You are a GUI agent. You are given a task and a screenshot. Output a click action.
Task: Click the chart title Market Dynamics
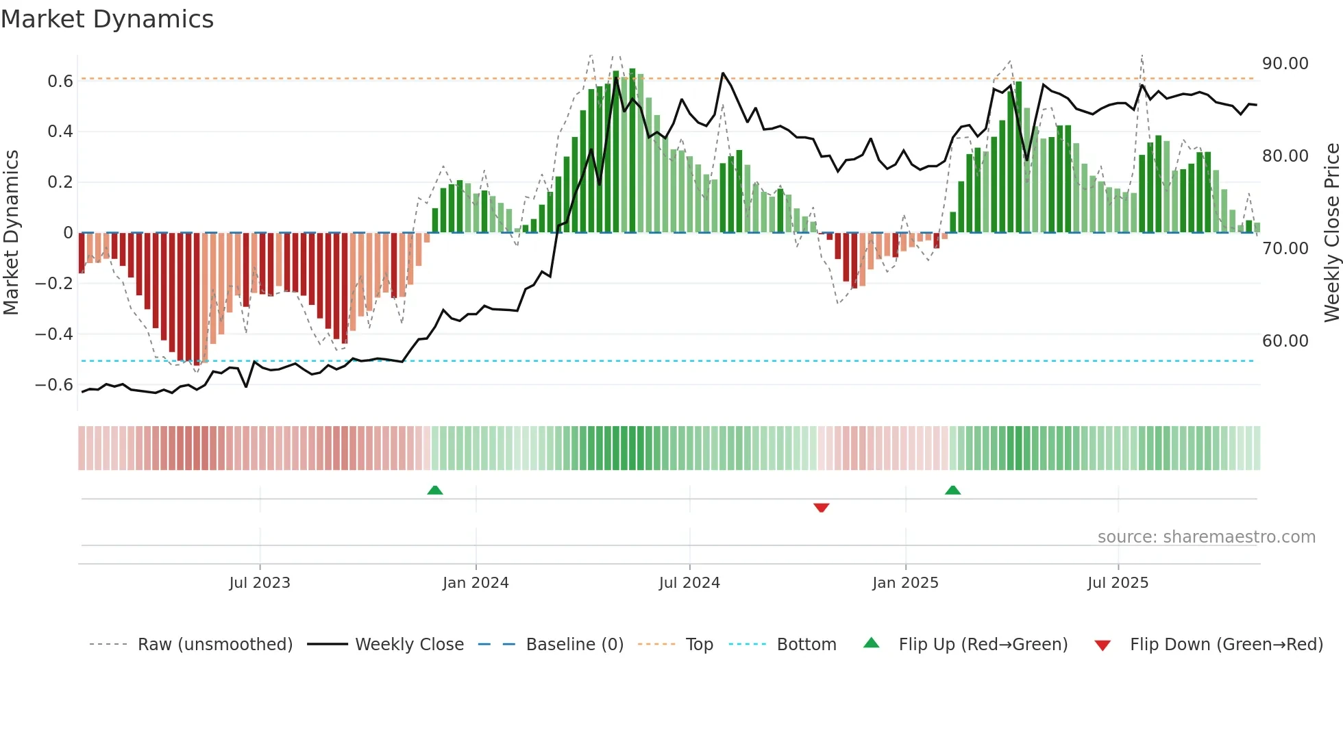coord(107,19)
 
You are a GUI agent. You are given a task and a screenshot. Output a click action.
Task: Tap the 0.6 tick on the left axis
coord(60,81)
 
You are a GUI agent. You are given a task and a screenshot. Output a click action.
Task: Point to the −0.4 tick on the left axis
coord(54,334)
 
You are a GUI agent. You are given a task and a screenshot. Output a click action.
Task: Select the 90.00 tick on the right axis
coord(1285,63)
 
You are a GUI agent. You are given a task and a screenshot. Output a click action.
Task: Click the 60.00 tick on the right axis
coord(1285,341)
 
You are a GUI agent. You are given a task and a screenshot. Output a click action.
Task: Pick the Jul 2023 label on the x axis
coord(260,582)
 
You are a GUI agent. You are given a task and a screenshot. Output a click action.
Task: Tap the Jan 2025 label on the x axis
coord(905,582)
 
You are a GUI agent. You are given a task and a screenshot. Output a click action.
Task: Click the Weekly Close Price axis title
coord(1331,232)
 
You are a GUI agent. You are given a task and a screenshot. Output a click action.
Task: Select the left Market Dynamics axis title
coord(11,232)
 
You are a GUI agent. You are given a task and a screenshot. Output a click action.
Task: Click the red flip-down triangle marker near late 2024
coord(821,507)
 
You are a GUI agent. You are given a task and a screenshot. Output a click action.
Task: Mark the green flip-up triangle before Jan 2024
coord(434,490)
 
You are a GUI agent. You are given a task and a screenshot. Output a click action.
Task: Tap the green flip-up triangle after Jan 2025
coord(952,490)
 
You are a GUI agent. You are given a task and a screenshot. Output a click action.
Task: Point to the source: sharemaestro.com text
coord(1206,536)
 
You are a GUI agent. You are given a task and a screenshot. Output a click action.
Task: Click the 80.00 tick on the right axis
coord(1285,156)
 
